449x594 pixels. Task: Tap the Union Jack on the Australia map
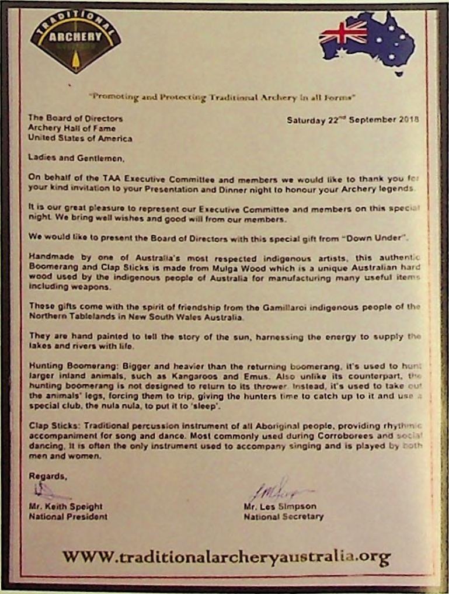point(343,32)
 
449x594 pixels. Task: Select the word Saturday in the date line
point(306,120)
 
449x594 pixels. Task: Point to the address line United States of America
point(80,138)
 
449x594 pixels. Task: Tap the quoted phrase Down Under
point(377,239)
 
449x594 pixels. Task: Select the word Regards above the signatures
point(47,476)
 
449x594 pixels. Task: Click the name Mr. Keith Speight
point(65,506)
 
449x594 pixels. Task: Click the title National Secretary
point(283,516)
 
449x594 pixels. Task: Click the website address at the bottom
point(226,556)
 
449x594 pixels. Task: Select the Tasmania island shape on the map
point(399,73)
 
